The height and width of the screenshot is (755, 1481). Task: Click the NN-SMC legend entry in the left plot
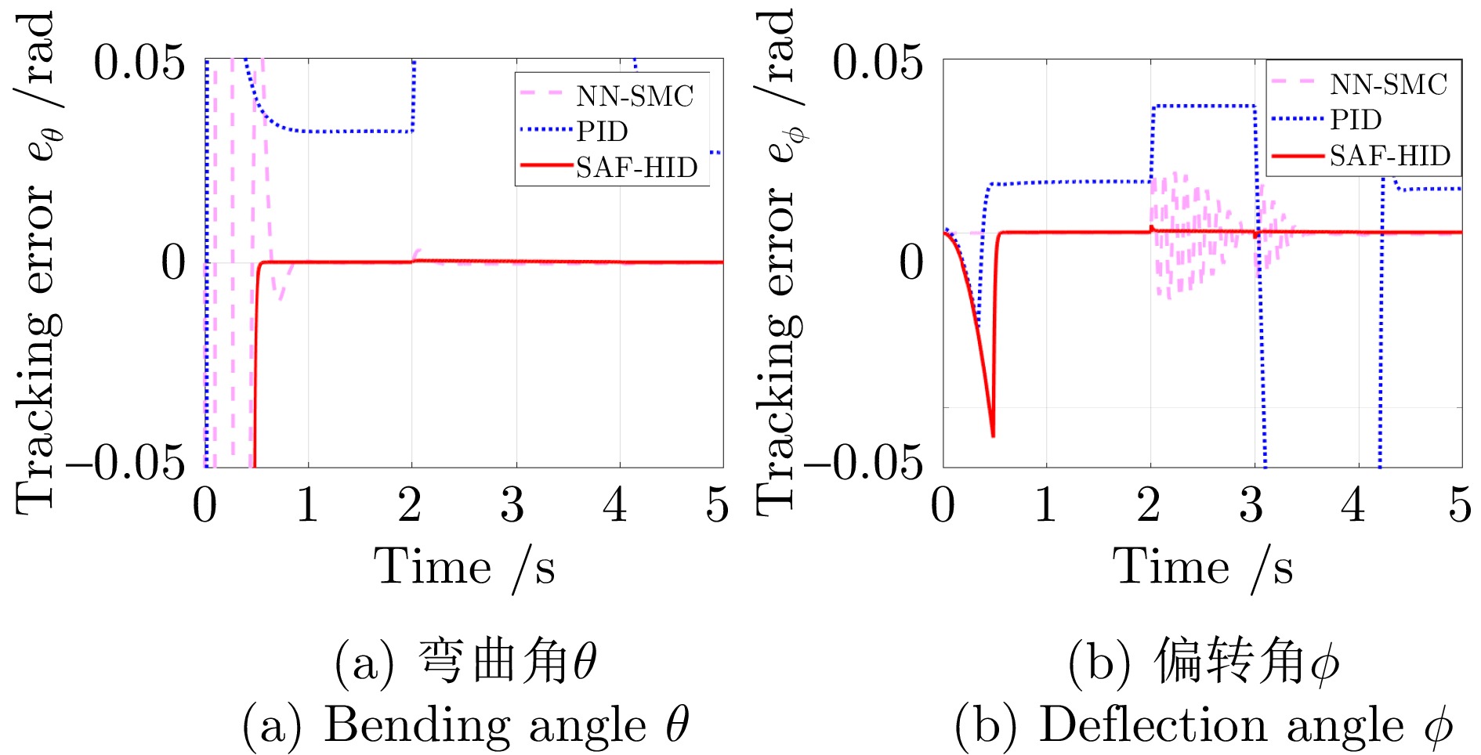pos(635,96)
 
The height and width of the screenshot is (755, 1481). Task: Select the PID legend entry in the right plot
pos(1356,120)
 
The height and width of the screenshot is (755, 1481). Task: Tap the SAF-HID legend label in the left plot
pos(636,167)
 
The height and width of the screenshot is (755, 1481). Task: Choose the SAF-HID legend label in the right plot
pos(1389,156)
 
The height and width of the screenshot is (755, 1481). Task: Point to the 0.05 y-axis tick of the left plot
pos(139,63)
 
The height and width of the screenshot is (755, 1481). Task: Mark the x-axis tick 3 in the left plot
pos(512,505)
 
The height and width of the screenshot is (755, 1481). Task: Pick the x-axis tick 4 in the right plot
pos(1354,505)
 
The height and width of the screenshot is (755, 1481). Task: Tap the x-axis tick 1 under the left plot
pos(307,505)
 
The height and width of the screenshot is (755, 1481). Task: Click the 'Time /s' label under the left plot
pos(464,567)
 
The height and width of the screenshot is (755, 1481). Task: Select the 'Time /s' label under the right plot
pos(1203,567)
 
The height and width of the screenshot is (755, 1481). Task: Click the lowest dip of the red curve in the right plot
pos(993,435)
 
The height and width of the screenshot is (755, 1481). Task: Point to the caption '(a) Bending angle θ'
pos(465,724)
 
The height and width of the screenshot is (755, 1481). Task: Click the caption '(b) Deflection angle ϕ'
pos(1204,724)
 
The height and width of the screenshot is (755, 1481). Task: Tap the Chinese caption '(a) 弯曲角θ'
pos(465,662)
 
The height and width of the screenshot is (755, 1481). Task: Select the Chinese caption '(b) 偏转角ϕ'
pos(1204,662)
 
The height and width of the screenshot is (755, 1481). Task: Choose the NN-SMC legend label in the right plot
pos(1388,85)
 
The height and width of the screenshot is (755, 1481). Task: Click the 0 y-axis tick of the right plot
pos(911,262)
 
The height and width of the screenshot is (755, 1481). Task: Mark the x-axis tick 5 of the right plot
pos(1459,505)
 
